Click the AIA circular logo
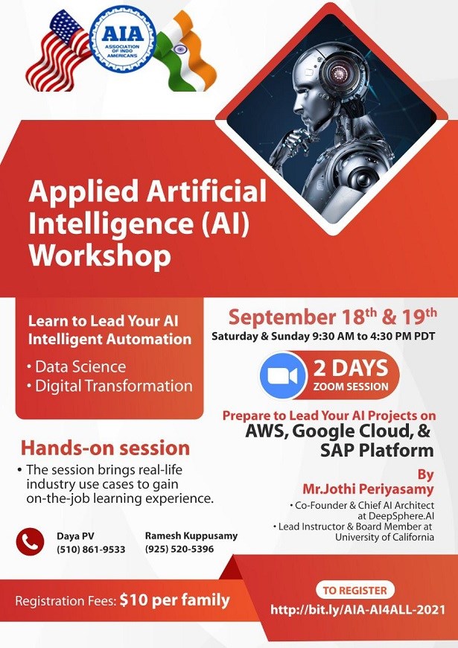123,40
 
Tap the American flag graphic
58,51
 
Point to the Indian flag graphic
186,51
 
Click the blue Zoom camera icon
283,375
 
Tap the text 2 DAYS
351,368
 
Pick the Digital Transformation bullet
109,386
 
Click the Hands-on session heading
106,448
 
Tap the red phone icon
31,541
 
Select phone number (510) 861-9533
91,549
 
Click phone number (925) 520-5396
179,549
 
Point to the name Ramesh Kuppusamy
191,536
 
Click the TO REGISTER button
355,590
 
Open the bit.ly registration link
357,610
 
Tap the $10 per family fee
174,600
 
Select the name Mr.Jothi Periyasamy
369,489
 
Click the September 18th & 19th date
332,317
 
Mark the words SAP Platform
377,451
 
